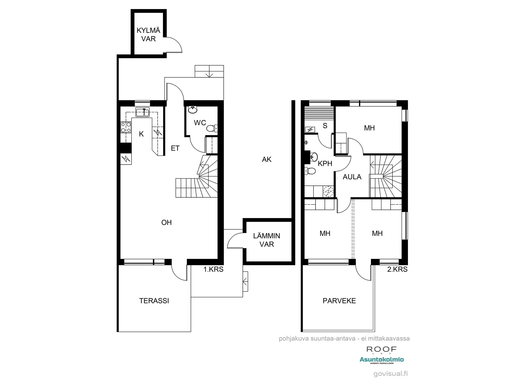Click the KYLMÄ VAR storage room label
(148, 35)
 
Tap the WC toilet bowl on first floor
(212, 128)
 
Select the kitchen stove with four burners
(126, 127)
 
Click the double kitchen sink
(142, 112)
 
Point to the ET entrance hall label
(175, 148)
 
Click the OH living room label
(166, 222)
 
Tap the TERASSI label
(154, 301)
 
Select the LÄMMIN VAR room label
(267, 240)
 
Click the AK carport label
(267, 160)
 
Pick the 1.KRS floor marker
(213, 269)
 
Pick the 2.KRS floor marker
(397, 269)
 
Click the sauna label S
(325, 126)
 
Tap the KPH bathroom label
(325, 164)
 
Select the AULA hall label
(352, 177)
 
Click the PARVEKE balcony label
(339, 301)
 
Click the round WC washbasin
(192, 110)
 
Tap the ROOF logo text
(381, 349)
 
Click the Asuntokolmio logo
(382, 360)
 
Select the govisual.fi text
(391, 374)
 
